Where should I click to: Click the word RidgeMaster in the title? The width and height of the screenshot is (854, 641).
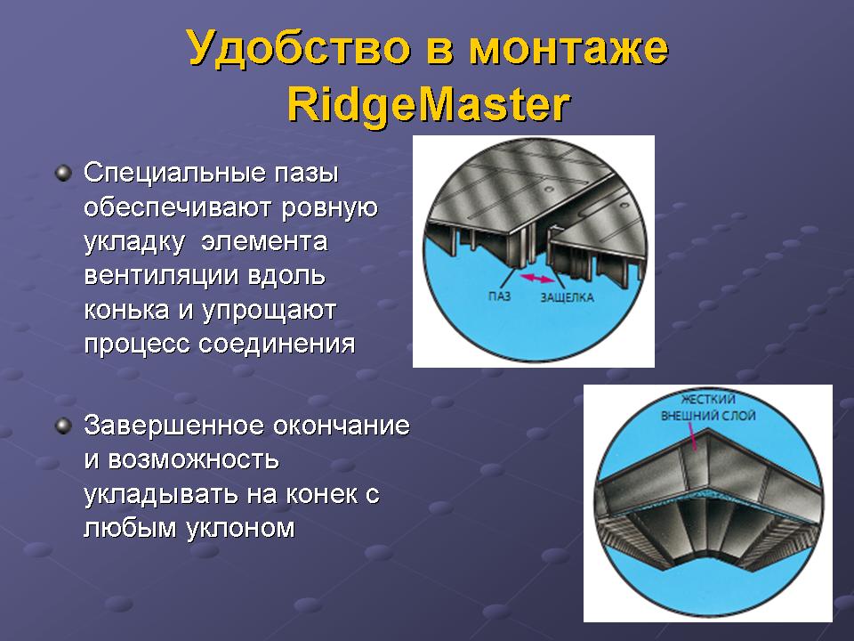(x=428, y=105)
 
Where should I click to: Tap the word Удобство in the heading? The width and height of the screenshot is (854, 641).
(x=299, y=48)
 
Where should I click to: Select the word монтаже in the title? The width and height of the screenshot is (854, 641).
(x=568, y=49)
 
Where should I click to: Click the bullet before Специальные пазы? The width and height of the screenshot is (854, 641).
(x=64, y=174)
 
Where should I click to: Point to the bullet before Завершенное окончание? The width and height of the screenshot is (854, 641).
(x=64, y=426)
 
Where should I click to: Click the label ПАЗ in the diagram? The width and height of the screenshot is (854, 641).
(x=499, y=296)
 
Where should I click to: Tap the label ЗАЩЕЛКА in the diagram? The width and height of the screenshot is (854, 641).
(x=567, y=297)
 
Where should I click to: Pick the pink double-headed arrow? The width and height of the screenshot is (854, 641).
(x=537, y=279)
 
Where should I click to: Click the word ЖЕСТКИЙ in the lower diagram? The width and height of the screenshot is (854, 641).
(x=708, y=399)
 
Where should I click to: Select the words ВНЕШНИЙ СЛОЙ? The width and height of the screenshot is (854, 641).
(x=708, y=416)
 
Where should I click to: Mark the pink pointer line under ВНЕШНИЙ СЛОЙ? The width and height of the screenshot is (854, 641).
(x=692, y=437)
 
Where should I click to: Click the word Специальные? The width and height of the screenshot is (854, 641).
(x=175, y=174)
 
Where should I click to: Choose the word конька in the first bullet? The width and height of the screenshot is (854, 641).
(x=127, y=310)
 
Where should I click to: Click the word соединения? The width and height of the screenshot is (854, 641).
(x=277, y=345)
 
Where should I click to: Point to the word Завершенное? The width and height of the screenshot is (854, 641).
(x=174, y=426)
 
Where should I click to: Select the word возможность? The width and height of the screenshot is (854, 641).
(x=193, y=460)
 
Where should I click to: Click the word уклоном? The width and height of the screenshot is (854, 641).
(x=240, y=528)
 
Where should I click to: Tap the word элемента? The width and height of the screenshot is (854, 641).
(x=264, y=242)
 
